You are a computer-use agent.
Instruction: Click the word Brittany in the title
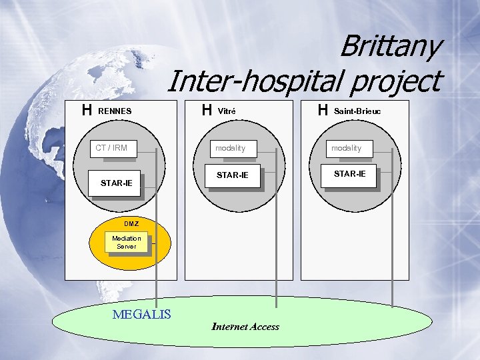click(x=390, y=47)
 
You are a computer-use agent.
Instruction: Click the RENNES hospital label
click(x=115, y=111)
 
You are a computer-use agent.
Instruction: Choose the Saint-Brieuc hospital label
click(x=357, y=111)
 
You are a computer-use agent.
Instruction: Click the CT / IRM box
click(x=111, y=148)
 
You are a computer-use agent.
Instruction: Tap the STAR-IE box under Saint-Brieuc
click(x=349, y=174)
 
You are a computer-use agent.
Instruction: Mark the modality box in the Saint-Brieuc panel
click(x=346, y=148)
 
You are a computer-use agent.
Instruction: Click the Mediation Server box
click(x=127, y=242)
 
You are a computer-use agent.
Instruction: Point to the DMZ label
click(x=131, y=223)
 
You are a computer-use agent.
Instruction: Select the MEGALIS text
click(x=142, y=314)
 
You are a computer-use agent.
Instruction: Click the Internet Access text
click(x=245, y=327)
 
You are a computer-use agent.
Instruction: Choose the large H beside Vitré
click(x=207, y=110)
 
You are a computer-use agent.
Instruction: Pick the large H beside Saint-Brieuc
click(x=323, y=110)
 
